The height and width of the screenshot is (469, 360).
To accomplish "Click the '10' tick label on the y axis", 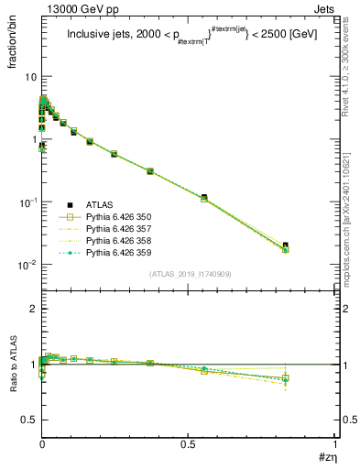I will click(x=29, y=77).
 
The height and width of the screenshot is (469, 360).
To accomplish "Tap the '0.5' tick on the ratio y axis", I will click(x=28, y=420).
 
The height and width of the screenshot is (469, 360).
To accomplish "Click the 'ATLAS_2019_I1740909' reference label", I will click(x=191, y=275).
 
